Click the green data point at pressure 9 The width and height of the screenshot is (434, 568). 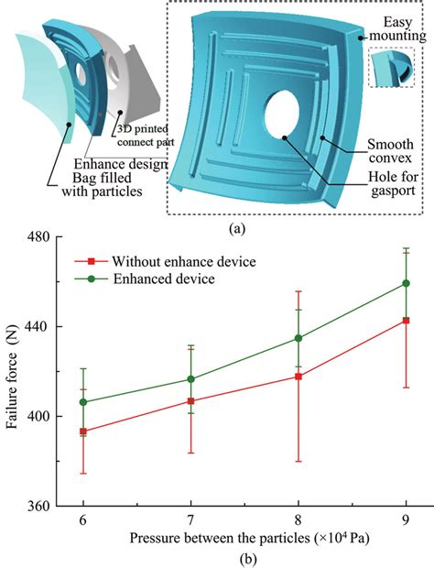(406, 283)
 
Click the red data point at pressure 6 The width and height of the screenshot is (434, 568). (83, 431)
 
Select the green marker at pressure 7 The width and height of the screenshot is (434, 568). (190, 379)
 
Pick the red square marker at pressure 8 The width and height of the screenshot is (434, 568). (298, 377)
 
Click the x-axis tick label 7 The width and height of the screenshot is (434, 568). (190, 519)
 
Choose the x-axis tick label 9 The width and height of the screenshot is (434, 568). (406, 519)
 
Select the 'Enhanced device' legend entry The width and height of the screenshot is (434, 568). (156, 278)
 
